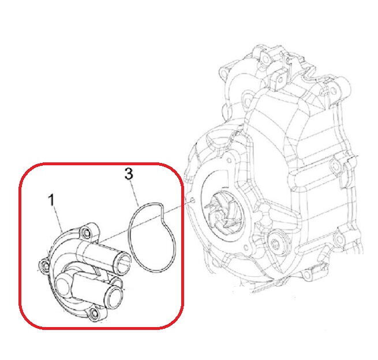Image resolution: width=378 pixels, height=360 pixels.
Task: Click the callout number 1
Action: click(x=51, y=200)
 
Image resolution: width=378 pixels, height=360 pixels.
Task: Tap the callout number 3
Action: click(x=130, y=173)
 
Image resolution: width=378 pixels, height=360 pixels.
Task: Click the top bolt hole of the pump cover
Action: click(x=87, y=232)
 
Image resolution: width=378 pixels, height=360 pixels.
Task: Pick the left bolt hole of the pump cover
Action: click(x=43, y=265)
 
